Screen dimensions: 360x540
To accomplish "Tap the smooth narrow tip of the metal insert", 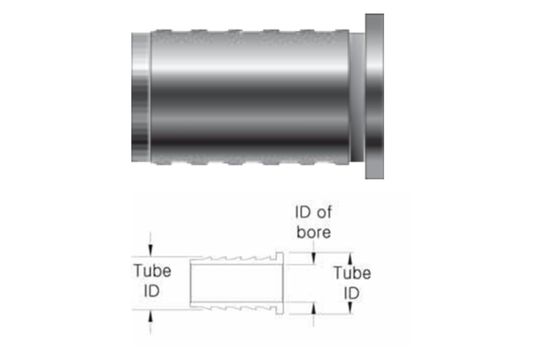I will pos(140,98).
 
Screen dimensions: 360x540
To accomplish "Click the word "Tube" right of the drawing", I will pos(351,272).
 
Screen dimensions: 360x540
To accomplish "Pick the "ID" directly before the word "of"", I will pos(303,213).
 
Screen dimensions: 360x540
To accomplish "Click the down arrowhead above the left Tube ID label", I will pos(150,251).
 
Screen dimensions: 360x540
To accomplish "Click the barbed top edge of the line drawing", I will pos(235,259).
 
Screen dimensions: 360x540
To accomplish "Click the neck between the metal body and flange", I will pos(358,98).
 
